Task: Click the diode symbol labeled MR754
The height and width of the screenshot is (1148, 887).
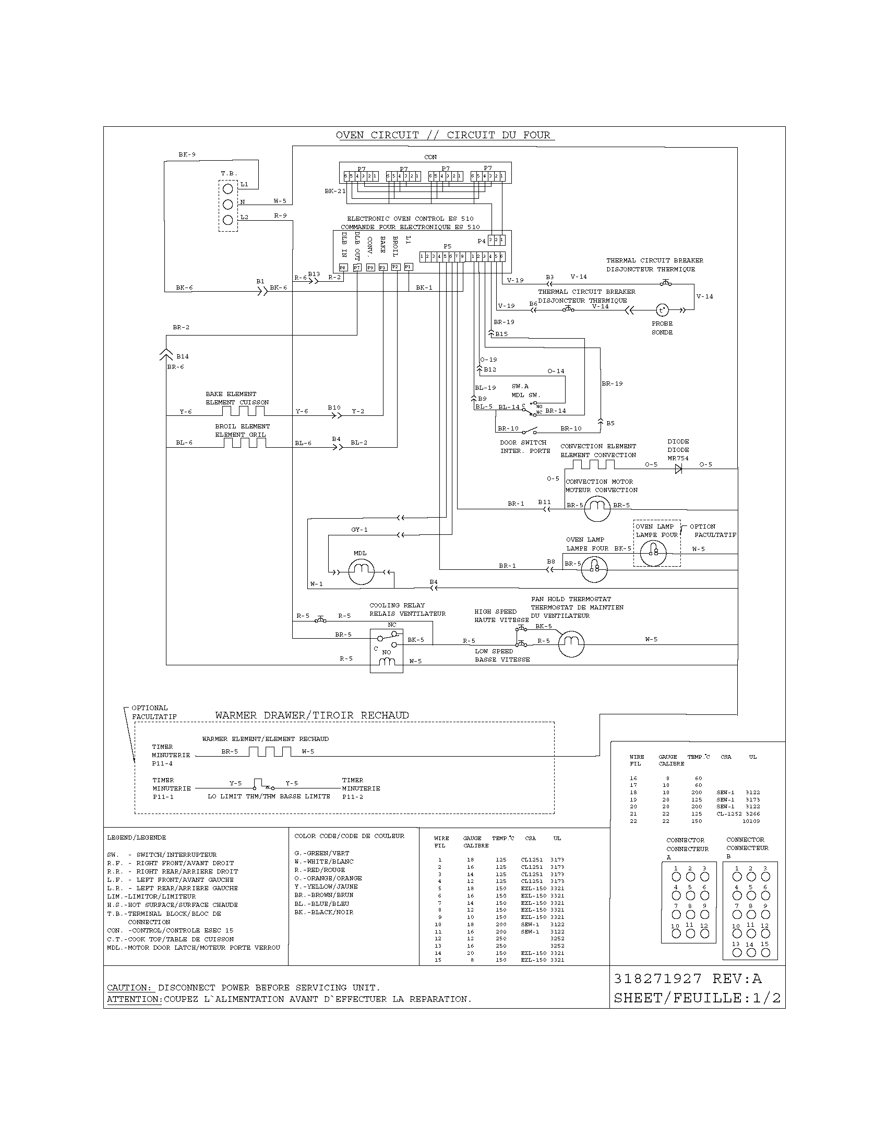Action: (678, 470)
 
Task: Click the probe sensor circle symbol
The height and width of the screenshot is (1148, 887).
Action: (662, 310)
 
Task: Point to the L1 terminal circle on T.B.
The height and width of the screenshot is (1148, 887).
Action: (228, 188)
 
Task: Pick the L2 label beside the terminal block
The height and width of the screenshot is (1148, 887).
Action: (244, 217)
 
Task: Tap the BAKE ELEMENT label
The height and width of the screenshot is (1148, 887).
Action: (231, 393)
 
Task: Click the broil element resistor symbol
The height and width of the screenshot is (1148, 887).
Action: (244, 443)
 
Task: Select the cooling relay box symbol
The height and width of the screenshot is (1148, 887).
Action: (386, 651)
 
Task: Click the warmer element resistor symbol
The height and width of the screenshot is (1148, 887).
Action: (270, 751)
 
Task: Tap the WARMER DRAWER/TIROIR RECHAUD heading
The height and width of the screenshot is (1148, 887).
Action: (311, 715)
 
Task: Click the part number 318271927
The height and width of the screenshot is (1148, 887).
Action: (657, 979)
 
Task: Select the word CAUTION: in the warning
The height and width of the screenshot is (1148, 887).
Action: (129, 988)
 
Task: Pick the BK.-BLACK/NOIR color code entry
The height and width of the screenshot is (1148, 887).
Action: (323, 912)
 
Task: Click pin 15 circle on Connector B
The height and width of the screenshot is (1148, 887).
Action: (765, 952)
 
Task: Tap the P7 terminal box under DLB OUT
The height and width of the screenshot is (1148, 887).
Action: (357, 268)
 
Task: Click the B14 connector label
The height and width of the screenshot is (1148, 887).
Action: (182, 356)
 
